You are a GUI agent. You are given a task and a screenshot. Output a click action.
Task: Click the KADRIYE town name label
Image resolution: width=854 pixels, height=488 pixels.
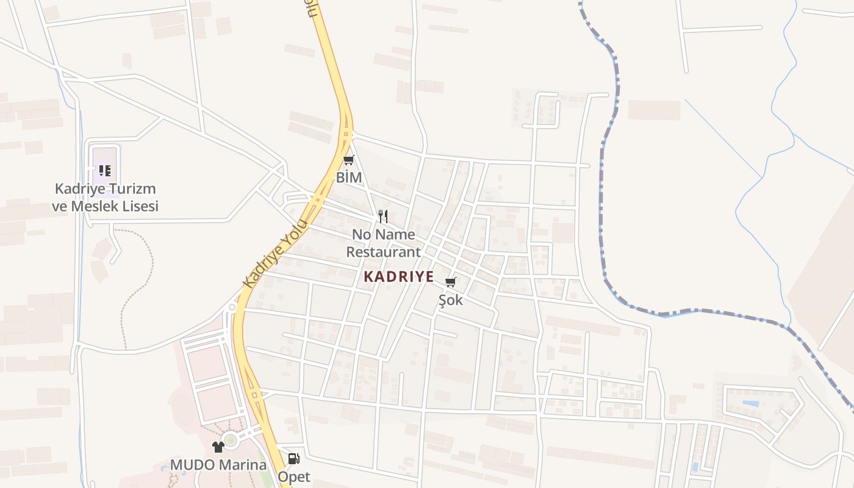[399, 276]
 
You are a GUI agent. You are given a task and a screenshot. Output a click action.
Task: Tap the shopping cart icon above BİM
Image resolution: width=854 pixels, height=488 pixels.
[348, 160]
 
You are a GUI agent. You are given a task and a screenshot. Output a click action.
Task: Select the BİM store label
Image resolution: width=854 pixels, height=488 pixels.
[349, 178]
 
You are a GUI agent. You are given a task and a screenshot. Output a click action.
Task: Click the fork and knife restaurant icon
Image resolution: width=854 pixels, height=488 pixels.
[383, 217]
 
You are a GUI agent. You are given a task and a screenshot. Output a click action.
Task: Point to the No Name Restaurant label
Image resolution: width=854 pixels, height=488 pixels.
[383, 243]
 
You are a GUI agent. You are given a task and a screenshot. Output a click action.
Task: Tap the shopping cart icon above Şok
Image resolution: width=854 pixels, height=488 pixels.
[451, 282]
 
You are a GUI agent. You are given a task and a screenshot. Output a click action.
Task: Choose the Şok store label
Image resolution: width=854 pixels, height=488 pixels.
[451, 300]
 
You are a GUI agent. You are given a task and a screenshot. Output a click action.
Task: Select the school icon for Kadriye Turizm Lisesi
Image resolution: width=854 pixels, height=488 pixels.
[104, 170]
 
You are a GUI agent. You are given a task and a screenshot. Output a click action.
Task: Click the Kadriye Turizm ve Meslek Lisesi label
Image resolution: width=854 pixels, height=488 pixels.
[105, 198]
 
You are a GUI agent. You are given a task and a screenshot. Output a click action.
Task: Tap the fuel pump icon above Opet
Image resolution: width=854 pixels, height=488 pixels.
[293, 458]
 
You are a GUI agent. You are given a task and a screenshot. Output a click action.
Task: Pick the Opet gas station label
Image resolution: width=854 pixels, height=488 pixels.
[294, 476]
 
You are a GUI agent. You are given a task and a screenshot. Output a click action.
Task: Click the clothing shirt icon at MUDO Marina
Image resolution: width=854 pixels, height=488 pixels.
[218, 447]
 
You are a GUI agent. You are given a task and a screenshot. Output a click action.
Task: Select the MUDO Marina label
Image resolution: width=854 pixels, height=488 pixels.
[218, 465]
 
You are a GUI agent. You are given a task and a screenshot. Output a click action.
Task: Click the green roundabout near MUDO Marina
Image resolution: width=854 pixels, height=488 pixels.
[231, 439]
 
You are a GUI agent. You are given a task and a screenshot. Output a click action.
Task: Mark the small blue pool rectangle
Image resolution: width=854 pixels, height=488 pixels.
[751, 403]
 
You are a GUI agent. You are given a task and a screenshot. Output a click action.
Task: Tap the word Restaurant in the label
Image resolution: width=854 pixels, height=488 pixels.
[383, 252]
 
